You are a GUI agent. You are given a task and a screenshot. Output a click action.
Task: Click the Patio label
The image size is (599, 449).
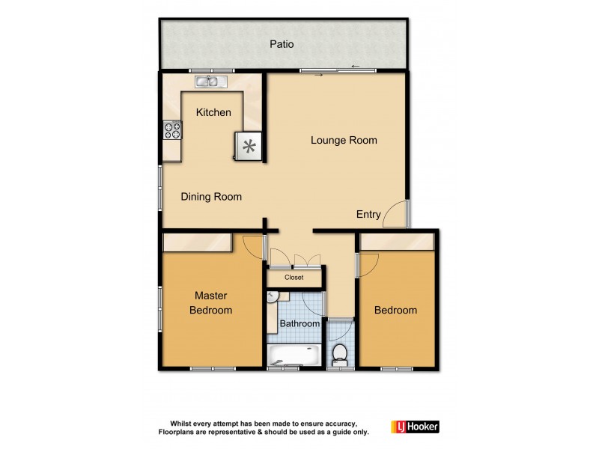(282, 44)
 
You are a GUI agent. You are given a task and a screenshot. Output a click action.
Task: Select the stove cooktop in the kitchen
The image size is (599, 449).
(172, 132)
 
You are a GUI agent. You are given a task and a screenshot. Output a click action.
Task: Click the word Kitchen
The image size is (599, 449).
(213, 112)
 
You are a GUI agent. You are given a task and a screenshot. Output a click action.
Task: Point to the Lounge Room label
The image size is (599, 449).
(344, 140)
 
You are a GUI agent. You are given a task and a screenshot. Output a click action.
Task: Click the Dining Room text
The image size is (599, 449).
(212, 197)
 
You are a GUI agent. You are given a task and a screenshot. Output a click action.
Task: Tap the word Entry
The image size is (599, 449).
(368, 214)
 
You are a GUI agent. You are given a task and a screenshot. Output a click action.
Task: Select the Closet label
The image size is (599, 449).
(294, 277)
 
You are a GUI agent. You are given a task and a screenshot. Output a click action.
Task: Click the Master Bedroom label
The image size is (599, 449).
(210, 302)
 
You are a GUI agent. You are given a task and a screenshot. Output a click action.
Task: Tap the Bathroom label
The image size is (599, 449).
(299, 323)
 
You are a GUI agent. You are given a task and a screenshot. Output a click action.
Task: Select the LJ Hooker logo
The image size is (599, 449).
(415, 427)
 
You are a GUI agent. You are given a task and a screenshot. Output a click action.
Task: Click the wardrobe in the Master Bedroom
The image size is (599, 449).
(197, 242)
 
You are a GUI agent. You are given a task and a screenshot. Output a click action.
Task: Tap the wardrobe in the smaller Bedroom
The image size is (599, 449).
(397, 242)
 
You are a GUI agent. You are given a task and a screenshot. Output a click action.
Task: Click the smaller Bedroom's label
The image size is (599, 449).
(395, 310)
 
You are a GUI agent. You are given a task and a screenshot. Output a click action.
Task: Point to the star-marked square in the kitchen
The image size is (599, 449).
(248, 146)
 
